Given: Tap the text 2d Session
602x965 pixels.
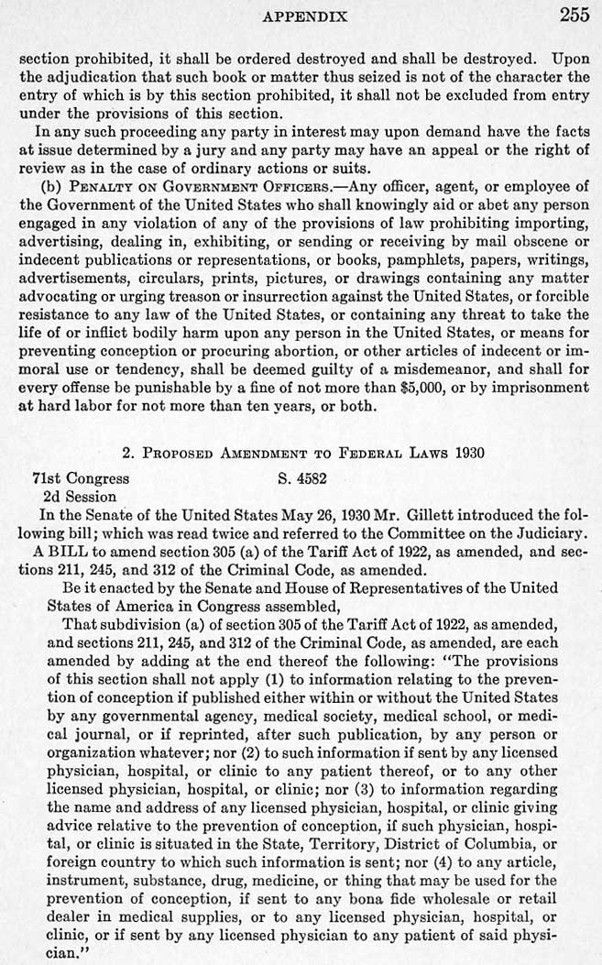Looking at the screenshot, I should [x=80, y=496].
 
